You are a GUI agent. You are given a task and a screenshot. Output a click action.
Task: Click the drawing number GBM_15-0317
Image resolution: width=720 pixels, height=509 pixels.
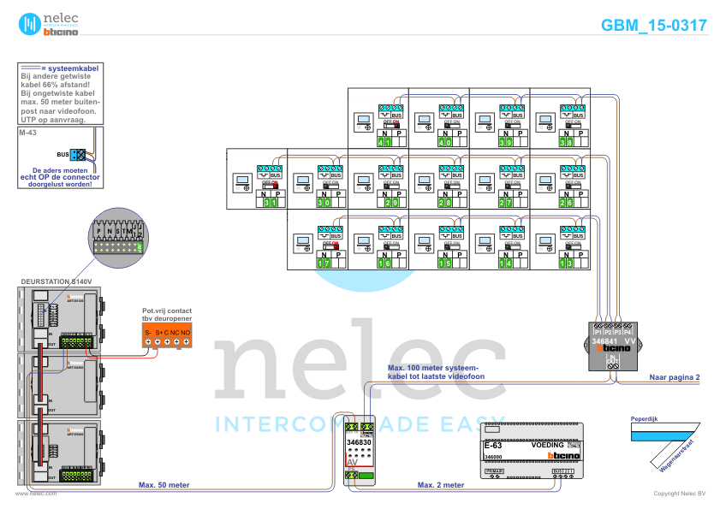(653, 26)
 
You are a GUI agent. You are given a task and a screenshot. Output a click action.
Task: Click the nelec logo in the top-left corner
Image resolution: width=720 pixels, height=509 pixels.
(49, 25)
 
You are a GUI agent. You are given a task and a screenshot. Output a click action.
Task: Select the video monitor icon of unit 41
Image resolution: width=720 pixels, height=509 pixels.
(363, 120)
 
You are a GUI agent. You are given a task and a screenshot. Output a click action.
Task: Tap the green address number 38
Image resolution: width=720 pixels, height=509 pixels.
(566, 143)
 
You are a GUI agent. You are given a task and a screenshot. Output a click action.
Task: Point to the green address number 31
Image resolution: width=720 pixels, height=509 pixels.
(270, 203)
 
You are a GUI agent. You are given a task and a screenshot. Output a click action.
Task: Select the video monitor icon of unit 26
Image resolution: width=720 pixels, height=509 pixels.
(423, 181)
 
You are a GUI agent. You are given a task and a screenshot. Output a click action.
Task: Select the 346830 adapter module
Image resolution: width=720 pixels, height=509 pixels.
(360, 453)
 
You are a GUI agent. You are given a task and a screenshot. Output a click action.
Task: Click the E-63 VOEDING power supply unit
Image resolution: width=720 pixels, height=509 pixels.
(530, 452)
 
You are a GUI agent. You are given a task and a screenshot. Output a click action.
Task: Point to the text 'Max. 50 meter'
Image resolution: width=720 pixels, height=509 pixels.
(164, 485)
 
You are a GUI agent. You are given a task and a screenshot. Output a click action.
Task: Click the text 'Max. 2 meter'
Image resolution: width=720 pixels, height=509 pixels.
(440, 485)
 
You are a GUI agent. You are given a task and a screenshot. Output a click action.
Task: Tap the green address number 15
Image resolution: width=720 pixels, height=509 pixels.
(445, 263)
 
